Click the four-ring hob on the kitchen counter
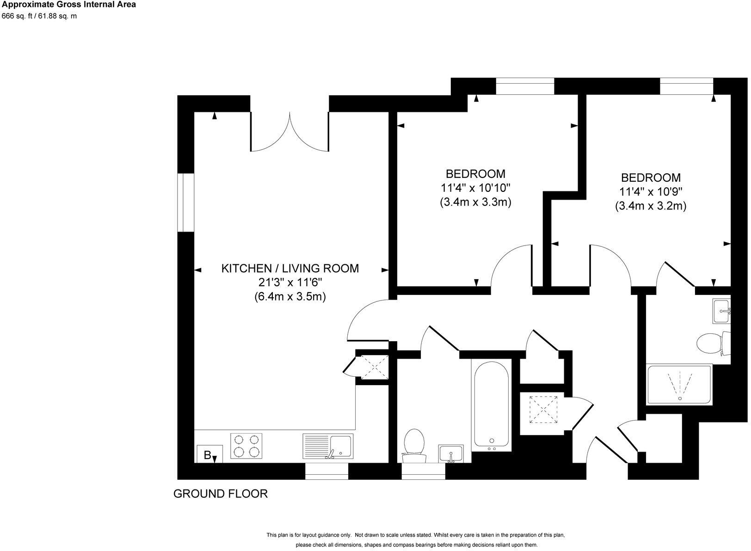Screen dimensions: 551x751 [x=246, y=446]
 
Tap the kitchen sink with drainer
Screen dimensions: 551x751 [x=328, y=446]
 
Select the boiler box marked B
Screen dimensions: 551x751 [x=209, y=454]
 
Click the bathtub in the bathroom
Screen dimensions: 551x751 [x=492, y=404]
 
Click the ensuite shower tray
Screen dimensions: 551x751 [x=679, y=385]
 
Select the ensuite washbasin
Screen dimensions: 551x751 [x=721, y=311]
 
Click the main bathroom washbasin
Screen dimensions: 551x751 [x=451, y=453]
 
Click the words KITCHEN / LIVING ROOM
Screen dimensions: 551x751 [x=290, y=268]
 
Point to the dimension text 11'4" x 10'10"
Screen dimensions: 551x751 [x=475, y=188]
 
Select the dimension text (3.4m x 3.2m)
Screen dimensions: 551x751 [x=650, y=206]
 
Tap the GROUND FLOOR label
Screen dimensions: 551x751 [x=220, y=494]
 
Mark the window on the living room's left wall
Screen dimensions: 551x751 [x=186, y=202]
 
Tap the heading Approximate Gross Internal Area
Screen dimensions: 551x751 [x=68, y=5]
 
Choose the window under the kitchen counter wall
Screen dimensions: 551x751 [x=326, y=471]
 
